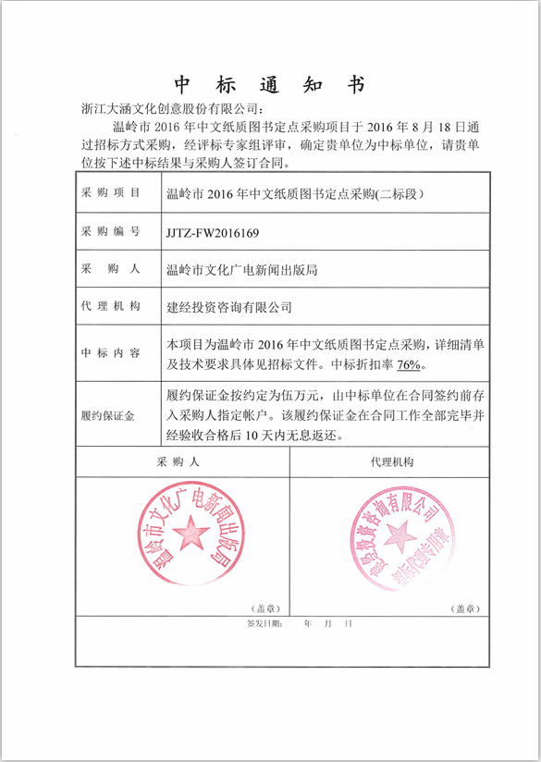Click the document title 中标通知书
(270, 85)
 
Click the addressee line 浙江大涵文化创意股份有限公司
(175, 110)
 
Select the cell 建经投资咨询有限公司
(228, 307)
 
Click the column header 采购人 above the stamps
(180, 461)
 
